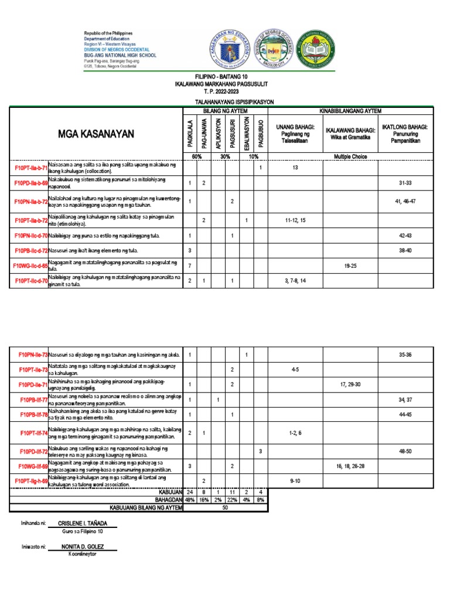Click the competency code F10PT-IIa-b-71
31,168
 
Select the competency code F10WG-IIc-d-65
30,265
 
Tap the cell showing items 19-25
350,265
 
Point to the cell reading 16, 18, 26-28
350,466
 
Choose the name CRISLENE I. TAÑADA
83,524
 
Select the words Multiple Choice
350,156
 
